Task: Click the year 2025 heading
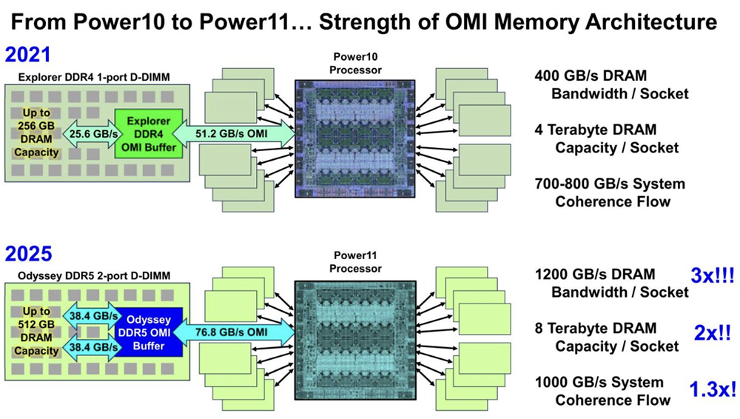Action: click(x=28, y=255)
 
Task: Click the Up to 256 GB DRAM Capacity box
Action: click(x=36, y=133)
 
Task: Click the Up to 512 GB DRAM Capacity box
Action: click(x=35, y=331)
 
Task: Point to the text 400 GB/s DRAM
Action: click(x=591, y=76)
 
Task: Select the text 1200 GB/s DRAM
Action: click(x=595, y=275)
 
